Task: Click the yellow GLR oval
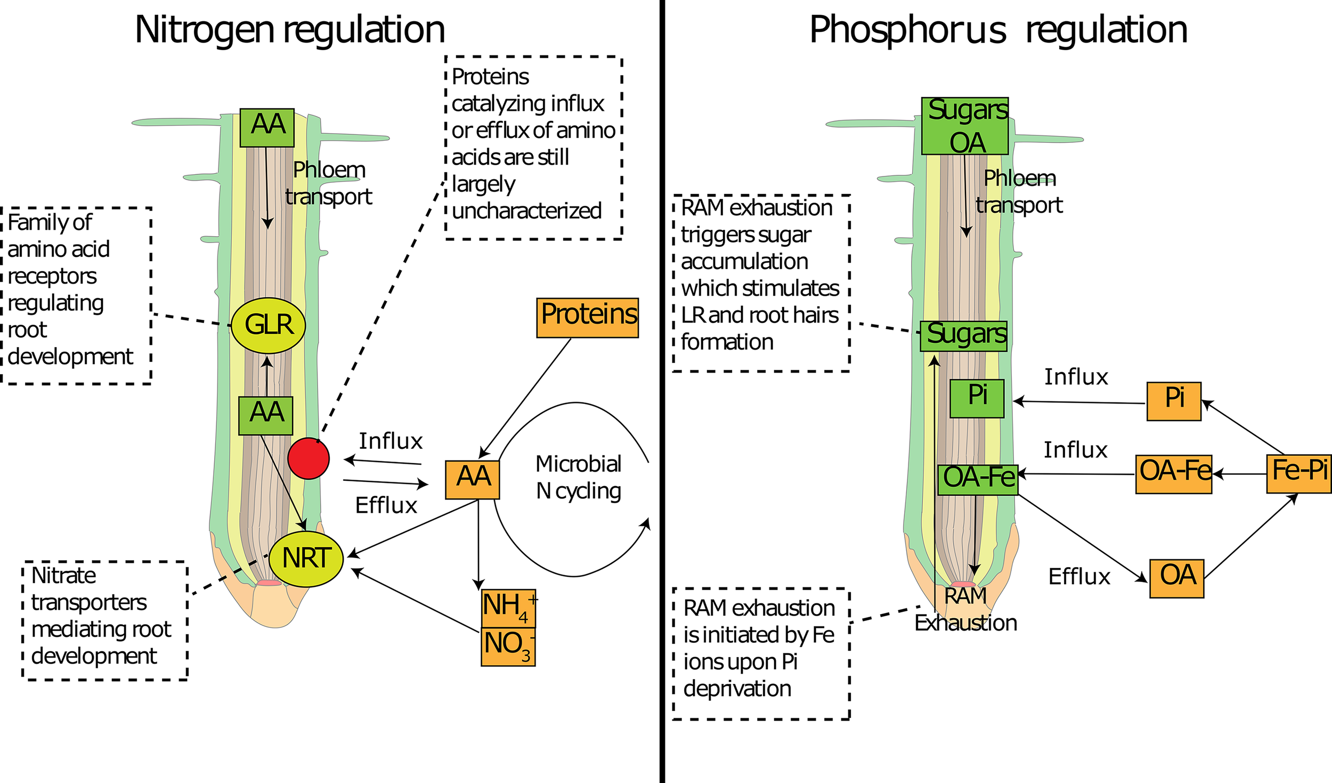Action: pyautogui.click(x=268, y=325)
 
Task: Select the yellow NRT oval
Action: pyautogui.click(x=306, y=559)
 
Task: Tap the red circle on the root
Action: pyautogui.click(x=308, y=458)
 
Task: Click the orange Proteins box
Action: pyautogui.click(x=587, y=318)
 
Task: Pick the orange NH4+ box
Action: pyautogui.click(x=508, y=608)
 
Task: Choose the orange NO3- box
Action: pyautogui.click(x=508, y=647)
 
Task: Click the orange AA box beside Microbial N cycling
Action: pyautogui.click(x=472, y=480)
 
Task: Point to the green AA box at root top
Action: pyautogui.click(x=267, y=127)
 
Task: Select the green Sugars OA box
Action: pyautogui.click(x=965, y=126)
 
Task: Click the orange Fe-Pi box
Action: pyautogui.click(x=1298, y=473)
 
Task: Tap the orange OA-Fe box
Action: pyautogui.click(x=1173, y=474)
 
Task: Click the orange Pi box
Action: pyautogui.click(x=1174, y=401)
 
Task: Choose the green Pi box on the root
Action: pyautogui.click(x=977, y=398)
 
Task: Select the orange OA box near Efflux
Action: pyautogui.click(x=1176, y=578)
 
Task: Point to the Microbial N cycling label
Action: pyautogui.click(x=578, y=477)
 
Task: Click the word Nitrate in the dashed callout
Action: pyautogui.click(x=63, y=576)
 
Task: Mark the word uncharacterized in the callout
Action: pyautogui.click(x=526, y=211)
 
